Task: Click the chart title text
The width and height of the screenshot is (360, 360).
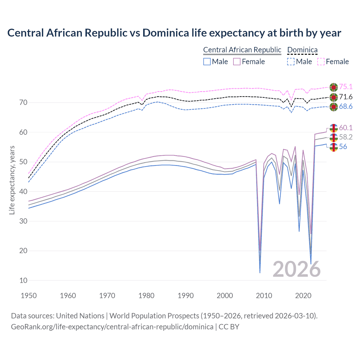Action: pyautogui.click(x=174, y=33)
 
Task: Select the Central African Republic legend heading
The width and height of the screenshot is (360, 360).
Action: pyautogui.click(x=242, y=50)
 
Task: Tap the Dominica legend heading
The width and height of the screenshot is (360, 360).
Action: pyautogui.click(x=302, y=50)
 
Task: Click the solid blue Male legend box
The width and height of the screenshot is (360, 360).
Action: pyautogui.click(x=207, y=62)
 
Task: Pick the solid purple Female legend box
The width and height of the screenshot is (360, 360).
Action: pyautogui.click(x=237, y=62)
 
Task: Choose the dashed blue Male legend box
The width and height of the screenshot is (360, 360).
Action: pyautogui.click(x=291, y=62)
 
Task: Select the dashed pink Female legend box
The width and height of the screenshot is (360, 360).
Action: pyautogui.click(x=321, y=62)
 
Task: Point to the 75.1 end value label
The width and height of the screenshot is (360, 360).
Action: pyautogui.click(x=346, y=87)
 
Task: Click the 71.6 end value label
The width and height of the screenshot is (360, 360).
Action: pyautogui.click(x=346, y=97)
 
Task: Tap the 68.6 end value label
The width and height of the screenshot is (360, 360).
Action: pyautogui.click(x=346, y=107)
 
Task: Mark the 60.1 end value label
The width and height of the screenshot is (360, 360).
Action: pyautogui.click(x=346, y=128)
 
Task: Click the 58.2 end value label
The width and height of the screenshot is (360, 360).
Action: pyautogui.click(x=346, y=137)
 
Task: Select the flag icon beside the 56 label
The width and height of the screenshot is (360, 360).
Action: pyautogui.click(x=334, y=147)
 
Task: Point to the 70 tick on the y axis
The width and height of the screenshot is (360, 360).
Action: pyautogui.click(x=23, y=102)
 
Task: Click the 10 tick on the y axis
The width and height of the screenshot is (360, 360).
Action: pyautogui.click(x=23, y=280)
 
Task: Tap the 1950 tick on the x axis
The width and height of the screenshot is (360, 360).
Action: pyautogui.click(x=29, y=296)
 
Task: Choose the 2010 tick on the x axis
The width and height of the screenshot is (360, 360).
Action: pyautogui.click(x=264, y=296)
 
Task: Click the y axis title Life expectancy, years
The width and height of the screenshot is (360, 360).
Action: pyautogui.click(x=12, y=180)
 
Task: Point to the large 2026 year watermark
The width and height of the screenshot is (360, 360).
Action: pyautogui.click(x=296, y=269)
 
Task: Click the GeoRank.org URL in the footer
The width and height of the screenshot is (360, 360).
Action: pyautogui.click(x=112, y=327)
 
